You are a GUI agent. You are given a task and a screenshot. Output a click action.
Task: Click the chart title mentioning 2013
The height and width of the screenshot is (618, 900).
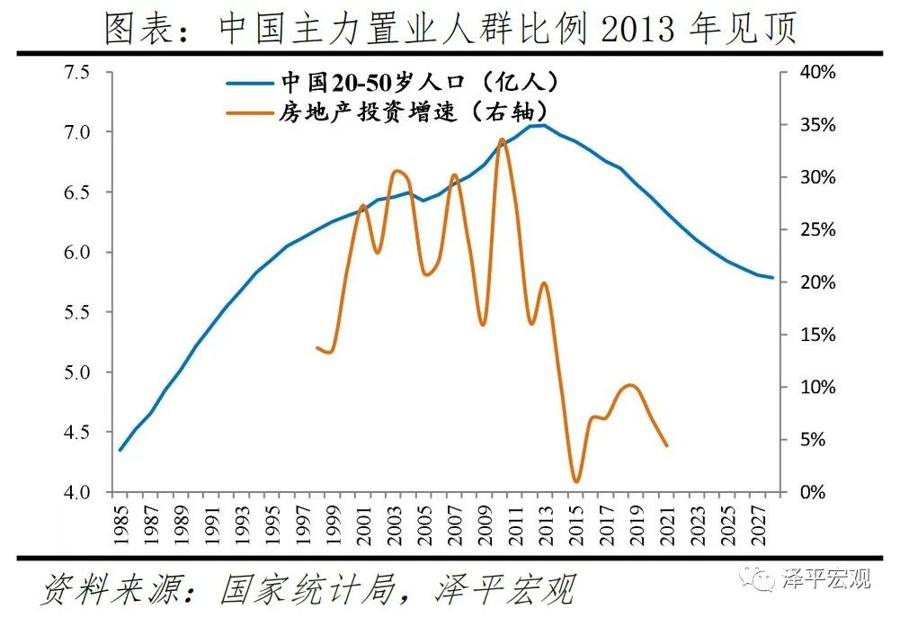pos(450,29)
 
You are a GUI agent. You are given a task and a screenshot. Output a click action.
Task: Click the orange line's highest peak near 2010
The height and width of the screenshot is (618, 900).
pos(502,139)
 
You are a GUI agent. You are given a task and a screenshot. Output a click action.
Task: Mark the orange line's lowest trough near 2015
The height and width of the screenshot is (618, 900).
pos(576,481)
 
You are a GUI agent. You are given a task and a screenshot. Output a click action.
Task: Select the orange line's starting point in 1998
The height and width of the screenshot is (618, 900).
pos(317,347)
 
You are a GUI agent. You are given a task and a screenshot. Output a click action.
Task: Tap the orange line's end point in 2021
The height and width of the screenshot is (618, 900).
pos(666,444)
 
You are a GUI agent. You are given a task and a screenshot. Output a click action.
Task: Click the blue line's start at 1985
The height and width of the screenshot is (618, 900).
pos(120,450)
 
